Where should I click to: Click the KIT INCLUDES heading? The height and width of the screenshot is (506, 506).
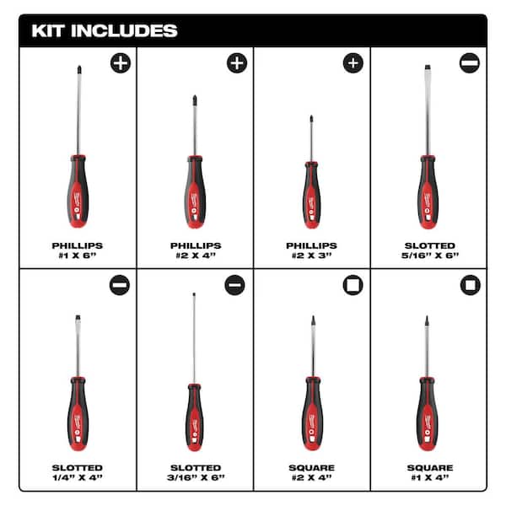pyautogui.click(x=105, y=31)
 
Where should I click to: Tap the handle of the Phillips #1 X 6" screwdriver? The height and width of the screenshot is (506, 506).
pyautogui.click(x=78, y=190)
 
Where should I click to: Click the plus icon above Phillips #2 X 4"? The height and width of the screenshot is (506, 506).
pyautogui.click(x=237, y=62)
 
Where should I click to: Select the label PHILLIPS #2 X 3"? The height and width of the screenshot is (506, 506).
pyautogui.click(x=311, y=251)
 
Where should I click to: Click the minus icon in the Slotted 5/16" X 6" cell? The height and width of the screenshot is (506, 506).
pyautogui.click(x=469, y=62)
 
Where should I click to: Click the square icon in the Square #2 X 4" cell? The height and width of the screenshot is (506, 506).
pyautogui.click(x=353, y=285)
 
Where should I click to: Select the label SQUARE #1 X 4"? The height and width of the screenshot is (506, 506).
pyautogui.click(x=428, y=472)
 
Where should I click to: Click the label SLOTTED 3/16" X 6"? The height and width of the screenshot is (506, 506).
pyautogui.click(x=195, y=472)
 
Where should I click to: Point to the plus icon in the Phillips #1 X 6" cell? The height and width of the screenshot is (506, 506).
pyautogui.click(x=121, y=62)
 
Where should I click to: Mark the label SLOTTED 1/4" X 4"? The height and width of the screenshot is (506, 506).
pyautogui.click(x=78, y=472)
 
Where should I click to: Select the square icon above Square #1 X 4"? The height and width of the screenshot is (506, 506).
pyautogui.click(x=470, y=285)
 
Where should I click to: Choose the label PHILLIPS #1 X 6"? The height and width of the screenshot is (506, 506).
pyautogui.click(x=78, y=251)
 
